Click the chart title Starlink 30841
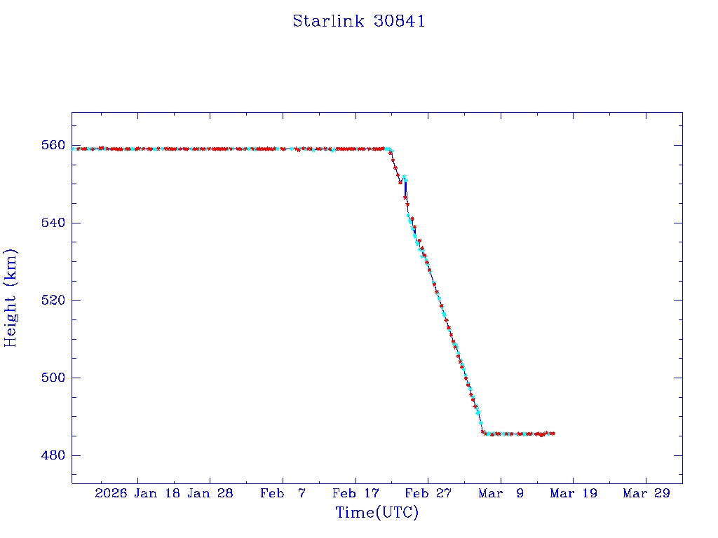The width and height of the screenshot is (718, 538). [x=358, y=22]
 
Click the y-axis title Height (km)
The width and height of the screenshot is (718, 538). [x=11, y=298]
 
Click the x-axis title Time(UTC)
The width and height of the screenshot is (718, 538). [x=377, y=513]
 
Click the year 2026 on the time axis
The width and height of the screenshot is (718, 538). [x=111, y=493]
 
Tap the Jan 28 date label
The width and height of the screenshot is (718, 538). [x=210, y=493]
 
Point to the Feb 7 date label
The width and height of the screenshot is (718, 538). [x=283, y=493]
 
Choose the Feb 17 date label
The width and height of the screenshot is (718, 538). [x=355, y=493]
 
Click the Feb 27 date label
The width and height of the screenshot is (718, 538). [x=428, y=493]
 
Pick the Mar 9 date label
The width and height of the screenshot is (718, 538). [x=501, y=493]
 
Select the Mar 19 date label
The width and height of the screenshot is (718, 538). [x=573, y=493]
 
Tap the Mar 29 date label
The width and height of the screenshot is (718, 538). [x=646, y=493]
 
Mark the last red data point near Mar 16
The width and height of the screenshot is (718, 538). [x=553, y=434]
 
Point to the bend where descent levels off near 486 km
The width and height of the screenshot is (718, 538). [x=482, y=432]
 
